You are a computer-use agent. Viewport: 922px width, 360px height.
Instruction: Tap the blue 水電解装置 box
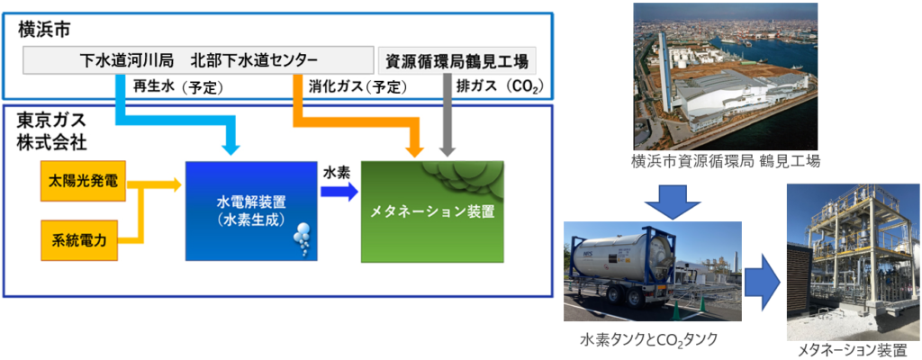click(251, 211)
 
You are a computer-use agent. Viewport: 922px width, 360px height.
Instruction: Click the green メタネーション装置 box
click(432, 211)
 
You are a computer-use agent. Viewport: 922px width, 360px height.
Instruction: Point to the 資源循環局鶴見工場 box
click(456, 60)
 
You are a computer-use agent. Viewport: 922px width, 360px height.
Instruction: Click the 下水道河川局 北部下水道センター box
click(198, 60)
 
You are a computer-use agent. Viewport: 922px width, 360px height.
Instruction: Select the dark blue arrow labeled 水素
click(339, 191)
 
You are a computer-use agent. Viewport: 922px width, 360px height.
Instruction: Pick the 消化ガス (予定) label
click(357, 87)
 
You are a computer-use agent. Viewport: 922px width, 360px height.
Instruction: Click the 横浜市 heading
click(39, 28)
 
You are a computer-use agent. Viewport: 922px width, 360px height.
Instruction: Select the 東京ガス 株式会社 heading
click(51, 130)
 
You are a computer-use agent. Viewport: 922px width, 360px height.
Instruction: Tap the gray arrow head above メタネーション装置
click(447, 151)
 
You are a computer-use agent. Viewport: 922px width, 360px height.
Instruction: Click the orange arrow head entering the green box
click(415, 151)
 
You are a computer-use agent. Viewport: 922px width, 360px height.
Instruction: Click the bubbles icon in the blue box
click(303, 239)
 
